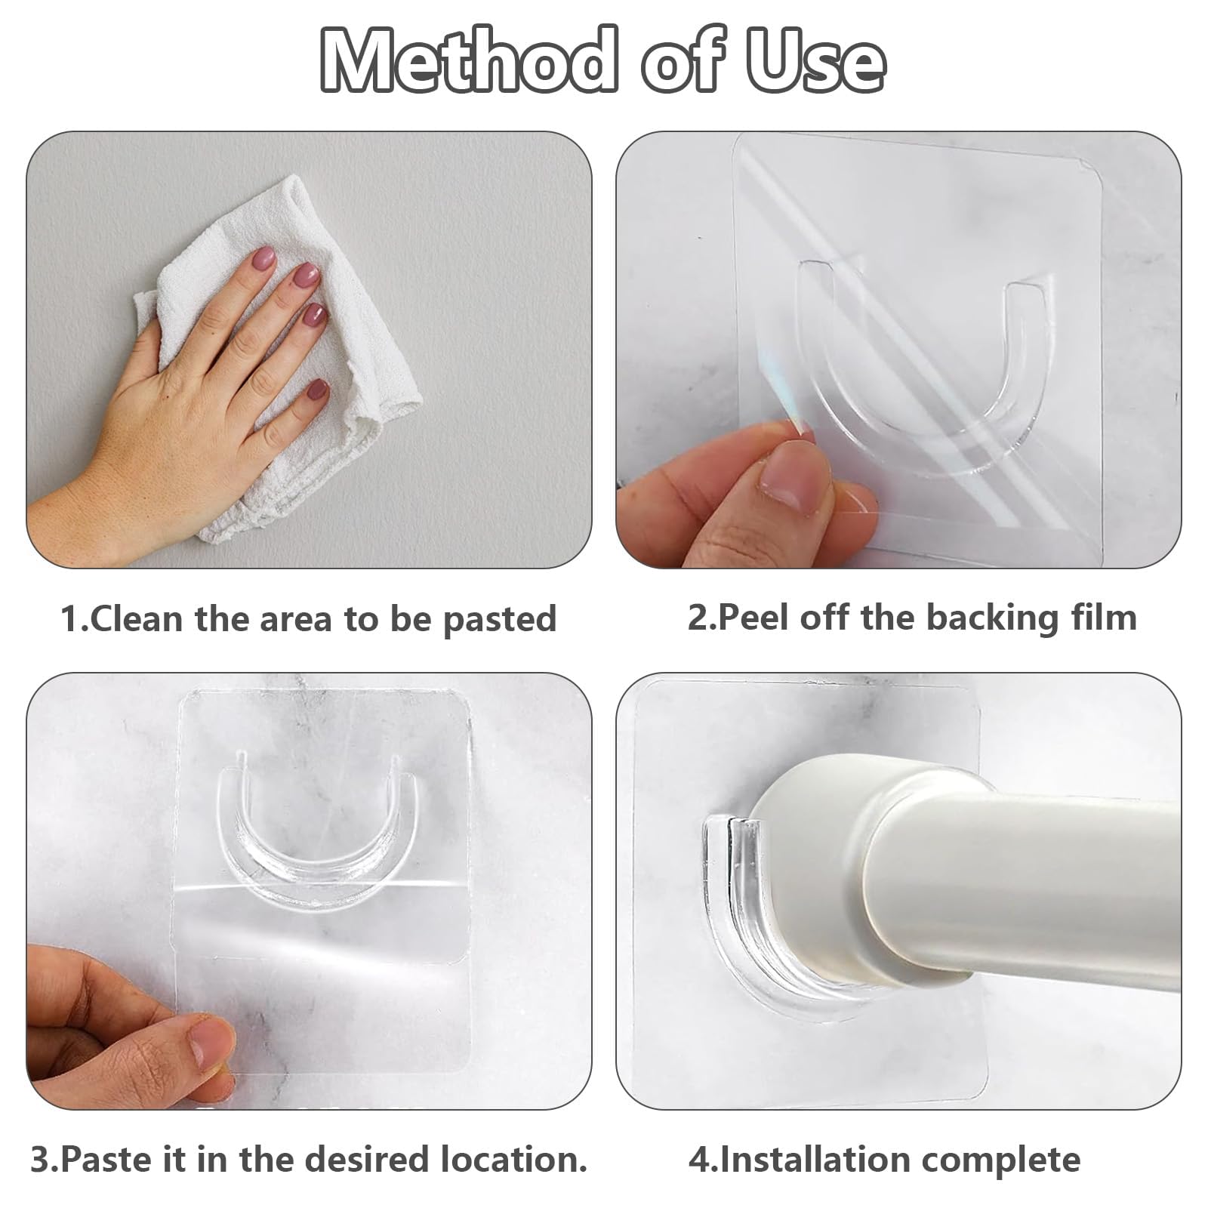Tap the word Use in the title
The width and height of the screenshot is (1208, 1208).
[x=816, y=60]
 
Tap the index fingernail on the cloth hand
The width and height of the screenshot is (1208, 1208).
[x=264, y=259]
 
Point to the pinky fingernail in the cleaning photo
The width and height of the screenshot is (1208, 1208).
[x=318, y=390]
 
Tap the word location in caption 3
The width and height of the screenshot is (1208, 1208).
[x=513, y=1160]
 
